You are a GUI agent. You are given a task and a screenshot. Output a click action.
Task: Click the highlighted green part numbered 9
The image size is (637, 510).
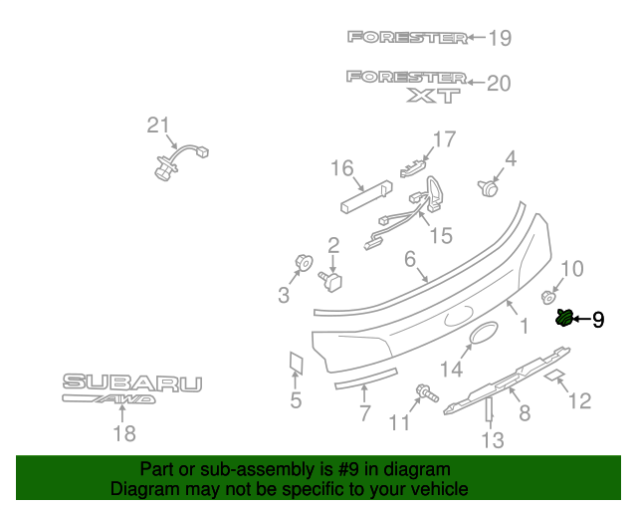pyautogui.click(x=564, y=319)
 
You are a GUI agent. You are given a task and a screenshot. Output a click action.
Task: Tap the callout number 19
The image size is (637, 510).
pyautogui.click(x=499, y=39)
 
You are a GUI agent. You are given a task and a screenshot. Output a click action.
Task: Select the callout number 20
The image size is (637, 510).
pyautogui.click(x=498, y=84)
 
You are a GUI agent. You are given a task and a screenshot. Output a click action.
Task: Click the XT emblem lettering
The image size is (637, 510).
pyautogui.click(x=435, y=96)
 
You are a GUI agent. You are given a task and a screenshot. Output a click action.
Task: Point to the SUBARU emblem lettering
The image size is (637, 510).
pyautogui.click(x=132, y=382)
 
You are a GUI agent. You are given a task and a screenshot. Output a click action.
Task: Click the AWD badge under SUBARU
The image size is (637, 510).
pyautogui.click(x=109, y=399)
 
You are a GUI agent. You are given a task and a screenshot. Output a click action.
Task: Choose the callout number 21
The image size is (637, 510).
pyautogui.click(x=158, y=126)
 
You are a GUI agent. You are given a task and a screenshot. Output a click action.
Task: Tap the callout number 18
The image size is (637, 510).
pyautogui.click(x=123, y=433)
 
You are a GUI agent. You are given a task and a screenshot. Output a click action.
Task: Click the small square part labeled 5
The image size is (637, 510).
pyautogui.click(x=296, y=363)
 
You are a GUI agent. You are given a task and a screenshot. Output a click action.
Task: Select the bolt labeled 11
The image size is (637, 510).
pyautogui.click(x=426, y=395)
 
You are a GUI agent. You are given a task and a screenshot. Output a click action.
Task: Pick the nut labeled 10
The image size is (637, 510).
pyautogui.click(x=547, y=297)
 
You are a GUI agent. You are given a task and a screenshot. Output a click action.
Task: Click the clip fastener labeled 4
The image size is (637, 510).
pyautogui.click(x=489, y=185)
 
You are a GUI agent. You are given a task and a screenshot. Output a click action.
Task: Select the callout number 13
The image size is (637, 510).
pyautogui.click(x=493, y=439)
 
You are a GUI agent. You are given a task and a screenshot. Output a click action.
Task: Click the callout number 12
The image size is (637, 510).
pyautogui.click(x=578, y=400)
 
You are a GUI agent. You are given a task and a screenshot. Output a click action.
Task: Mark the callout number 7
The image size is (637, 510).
pyautogui.click(x=364, y=413)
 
